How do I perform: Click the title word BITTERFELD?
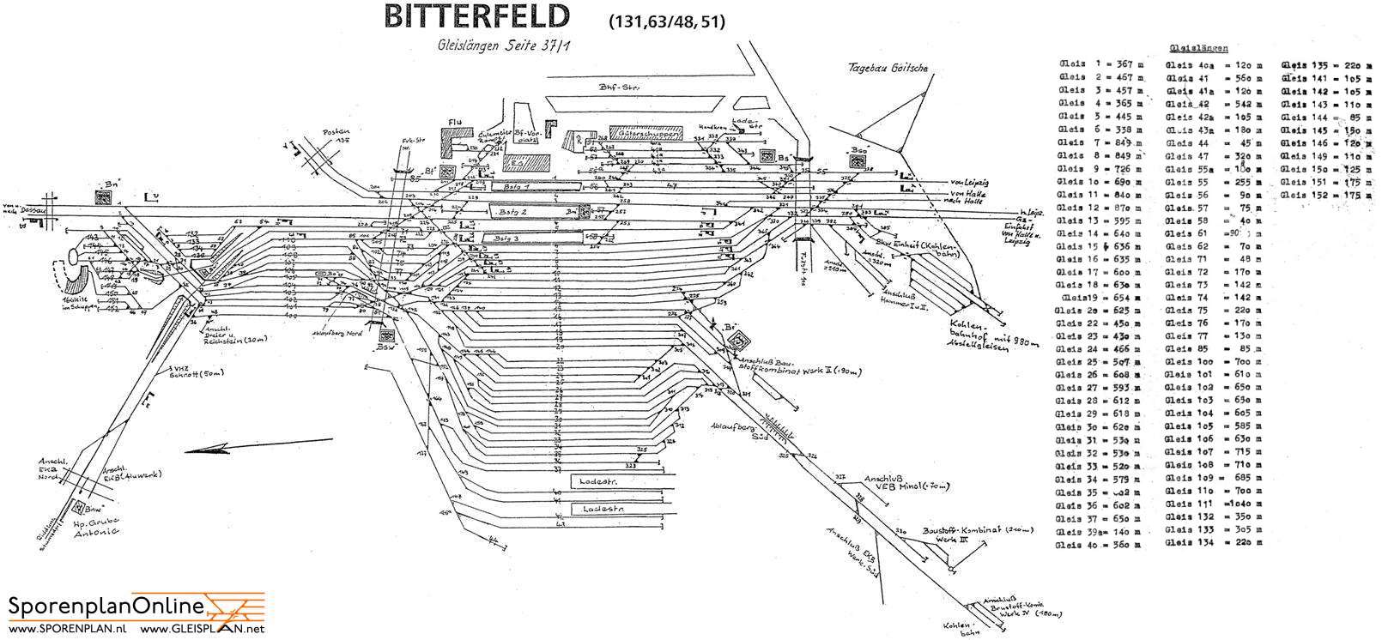tap(476, 17)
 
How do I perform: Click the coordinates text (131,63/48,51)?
tap(667, 21)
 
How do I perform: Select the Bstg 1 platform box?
tap(532, 184)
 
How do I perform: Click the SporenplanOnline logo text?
tap(106, 607)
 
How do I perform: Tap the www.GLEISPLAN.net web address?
tap(197, 630)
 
